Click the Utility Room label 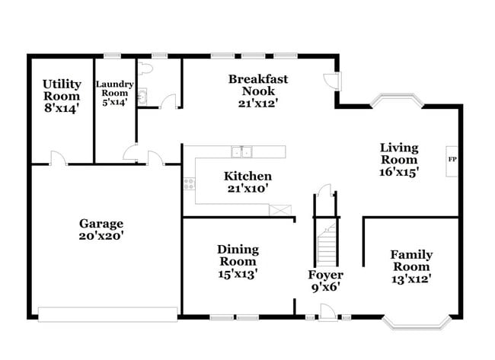[61, 90]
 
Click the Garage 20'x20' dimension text [101, 236]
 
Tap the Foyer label [325, 275]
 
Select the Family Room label [411, 261]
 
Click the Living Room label [399, 154]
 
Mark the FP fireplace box [452, 160]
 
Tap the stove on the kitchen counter [188, 183]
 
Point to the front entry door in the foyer [327, 310]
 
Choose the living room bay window [394, 100]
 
